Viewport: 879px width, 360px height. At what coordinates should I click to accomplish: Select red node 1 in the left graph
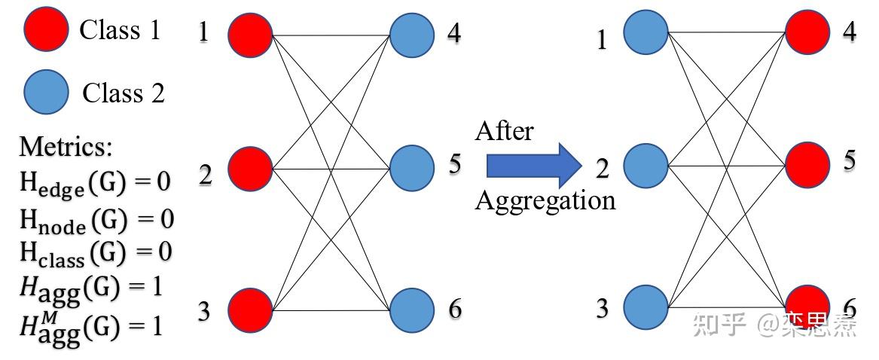coord(250,35)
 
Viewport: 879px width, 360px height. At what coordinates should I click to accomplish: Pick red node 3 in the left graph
coord(250,310)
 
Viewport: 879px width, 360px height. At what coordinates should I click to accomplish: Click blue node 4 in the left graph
coord(412,35)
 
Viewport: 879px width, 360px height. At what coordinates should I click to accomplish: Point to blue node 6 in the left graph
coord(412,310)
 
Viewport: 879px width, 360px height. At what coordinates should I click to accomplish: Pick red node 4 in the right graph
coord(807,32)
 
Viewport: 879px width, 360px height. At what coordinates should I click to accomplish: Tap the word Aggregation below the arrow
coord(545,201)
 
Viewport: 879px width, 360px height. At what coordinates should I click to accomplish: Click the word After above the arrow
coord(504,131)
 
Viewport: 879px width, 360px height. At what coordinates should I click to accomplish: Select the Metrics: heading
coord(66,146)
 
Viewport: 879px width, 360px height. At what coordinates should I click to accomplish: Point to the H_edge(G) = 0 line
coord(95,183)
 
